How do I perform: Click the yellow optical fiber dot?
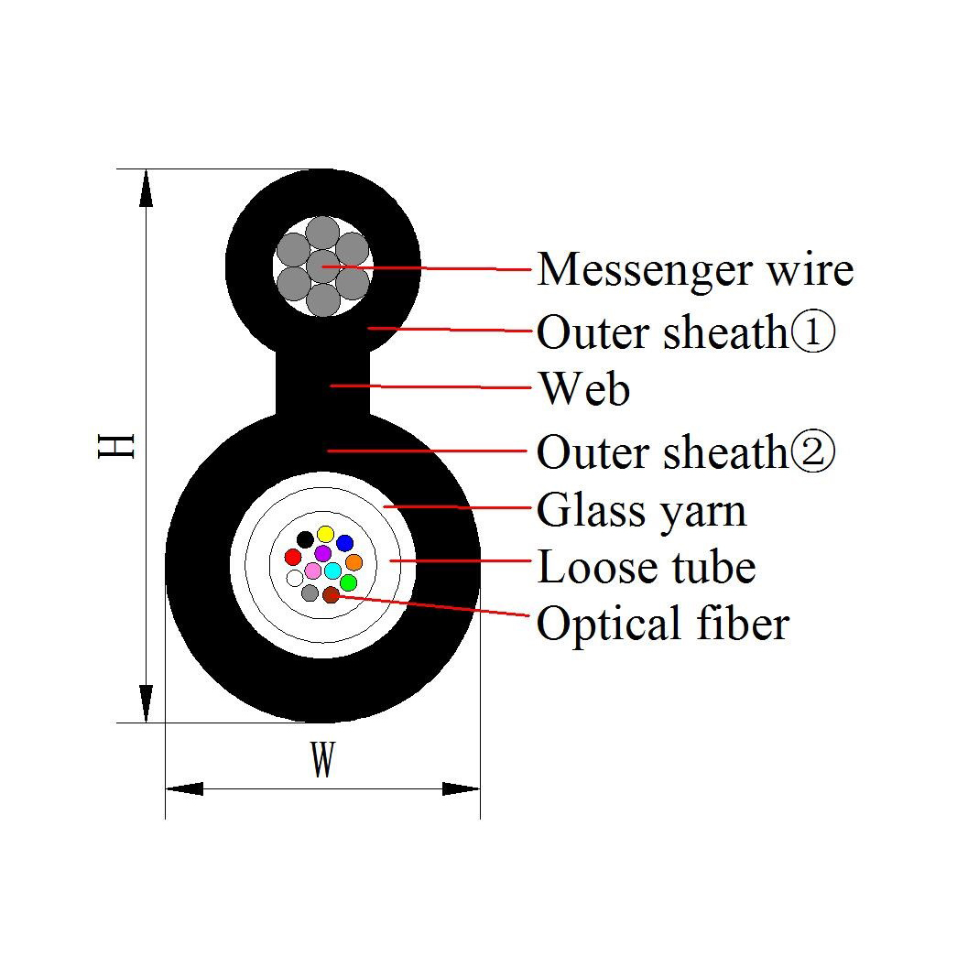pos(325,534)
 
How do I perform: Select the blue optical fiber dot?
pos(344,543)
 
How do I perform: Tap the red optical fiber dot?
pos(293,557)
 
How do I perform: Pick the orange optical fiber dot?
pos(354,562)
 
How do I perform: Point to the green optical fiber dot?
pos(348,583)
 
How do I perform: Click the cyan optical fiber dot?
pos(332,570)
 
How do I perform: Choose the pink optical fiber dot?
pos(313,570)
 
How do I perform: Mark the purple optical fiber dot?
pos(322,553)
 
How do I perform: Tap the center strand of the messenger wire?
pos(322,266)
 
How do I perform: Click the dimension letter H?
pos(116,446)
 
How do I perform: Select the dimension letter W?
pos(322,759)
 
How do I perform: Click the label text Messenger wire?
pos(695,271)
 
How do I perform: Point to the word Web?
pos(585,389)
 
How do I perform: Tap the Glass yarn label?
pos(642,512)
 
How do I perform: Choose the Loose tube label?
pos(647,568)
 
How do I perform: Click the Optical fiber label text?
pos(663,625)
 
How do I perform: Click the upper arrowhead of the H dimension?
pos(146,188)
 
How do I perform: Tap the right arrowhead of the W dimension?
pos(461,788)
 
